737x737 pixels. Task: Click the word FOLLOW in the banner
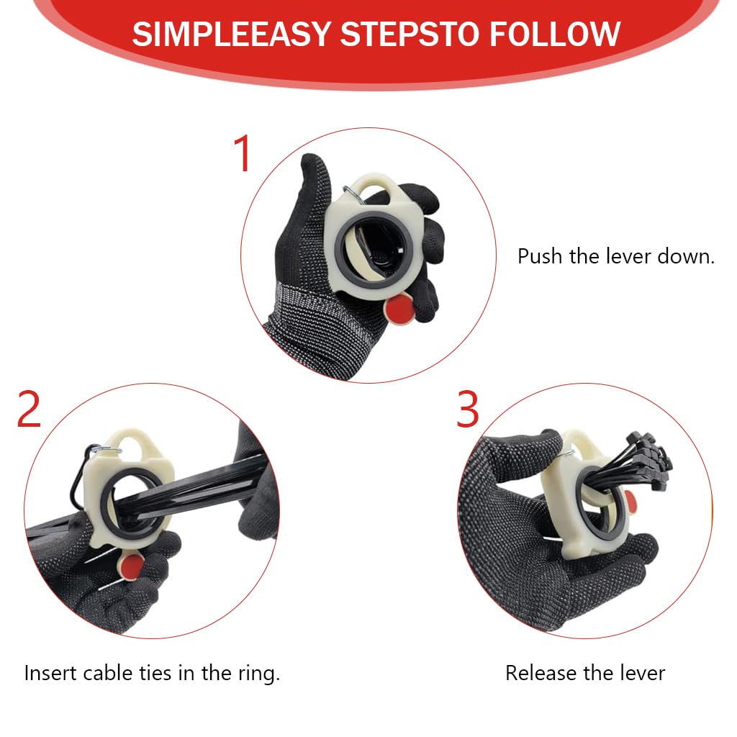(x=555, y=34)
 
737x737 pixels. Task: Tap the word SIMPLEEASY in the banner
(x=232, y=34)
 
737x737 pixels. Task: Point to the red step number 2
(x=29, y=409)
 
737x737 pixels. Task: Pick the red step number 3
(x=467, y=409)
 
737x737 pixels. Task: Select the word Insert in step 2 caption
(x=51, y=673)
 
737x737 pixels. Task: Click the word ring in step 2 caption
(x=258, y=674)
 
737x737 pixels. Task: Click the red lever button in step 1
(x=399, y=308)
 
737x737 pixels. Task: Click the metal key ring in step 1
(x=353, y=194)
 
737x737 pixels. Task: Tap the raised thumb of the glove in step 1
(x=315, y=178)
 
